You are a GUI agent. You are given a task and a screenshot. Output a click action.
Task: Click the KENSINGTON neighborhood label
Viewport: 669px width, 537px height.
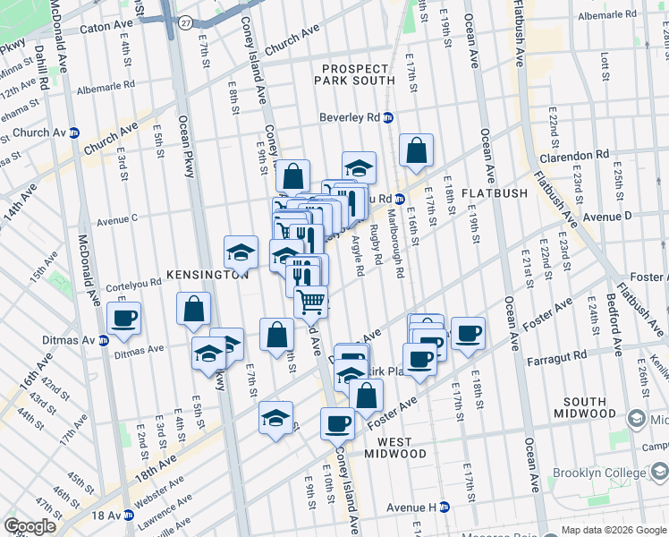205,276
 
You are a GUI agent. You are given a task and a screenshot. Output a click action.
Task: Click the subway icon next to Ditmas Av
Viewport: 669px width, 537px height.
103,340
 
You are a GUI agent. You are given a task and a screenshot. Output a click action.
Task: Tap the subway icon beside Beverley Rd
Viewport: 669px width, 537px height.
388,117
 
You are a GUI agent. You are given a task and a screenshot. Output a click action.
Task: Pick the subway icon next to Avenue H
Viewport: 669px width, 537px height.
444,507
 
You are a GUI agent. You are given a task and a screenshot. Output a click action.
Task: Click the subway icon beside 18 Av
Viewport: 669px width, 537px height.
128,515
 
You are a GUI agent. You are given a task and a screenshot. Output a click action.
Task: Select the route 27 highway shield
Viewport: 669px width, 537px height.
185,22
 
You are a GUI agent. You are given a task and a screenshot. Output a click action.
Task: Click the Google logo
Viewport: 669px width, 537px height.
30,526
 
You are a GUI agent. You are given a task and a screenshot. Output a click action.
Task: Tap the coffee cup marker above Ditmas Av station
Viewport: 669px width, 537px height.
124,317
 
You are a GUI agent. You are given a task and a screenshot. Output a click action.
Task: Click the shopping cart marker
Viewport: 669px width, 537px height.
310,302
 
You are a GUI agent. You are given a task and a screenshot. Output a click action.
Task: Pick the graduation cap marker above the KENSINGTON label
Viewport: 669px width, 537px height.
241,253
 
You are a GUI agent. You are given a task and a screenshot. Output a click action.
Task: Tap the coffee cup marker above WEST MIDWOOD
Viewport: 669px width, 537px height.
337,423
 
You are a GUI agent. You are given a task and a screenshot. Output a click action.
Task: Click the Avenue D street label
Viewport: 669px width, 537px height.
607,216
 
